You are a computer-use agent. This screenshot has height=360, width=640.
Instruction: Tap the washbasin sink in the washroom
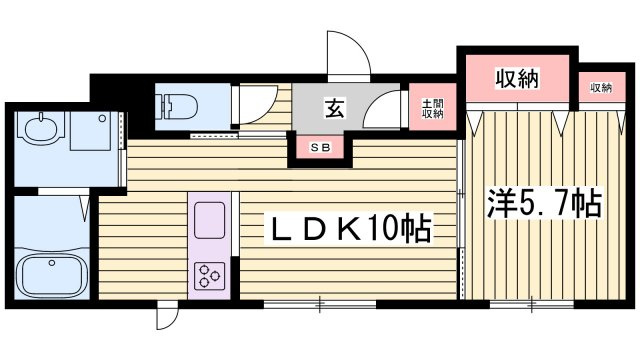40,128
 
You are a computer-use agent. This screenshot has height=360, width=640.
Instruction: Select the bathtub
52,275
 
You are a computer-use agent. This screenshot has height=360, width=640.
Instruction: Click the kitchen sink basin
209,220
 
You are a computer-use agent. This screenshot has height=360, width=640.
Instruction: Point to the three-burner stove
209,276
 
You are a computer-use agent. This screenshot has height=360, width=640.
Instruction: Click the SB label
320,148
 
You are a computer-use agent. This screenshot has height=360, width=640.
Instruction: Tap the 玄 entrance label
335,108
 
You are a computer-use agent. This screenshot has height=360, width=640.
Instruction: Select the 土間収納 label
432,109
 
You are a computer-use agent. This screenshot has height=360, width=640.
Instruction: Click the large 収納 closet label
517,78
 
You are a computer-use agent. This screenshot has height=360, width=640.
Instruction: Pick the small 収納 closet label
601,87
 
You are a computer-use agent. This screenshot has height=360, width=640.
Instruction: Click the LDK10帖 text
349,229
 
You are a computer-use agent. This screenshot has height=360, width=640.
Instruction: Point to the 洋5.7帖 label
544,203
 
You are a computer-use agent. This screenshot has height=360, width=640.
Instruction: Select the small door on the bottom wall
168,315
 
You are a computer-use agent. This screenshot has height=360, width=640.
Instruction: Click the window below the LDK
320,304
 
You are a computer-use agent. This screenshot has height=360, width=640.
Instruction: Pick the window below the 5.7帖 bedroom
532,304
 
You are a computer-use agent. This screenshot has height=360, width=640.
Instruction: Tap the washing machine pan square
90,131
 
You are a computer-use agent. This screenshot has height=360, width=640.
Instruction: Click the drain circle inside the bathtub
51,263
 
